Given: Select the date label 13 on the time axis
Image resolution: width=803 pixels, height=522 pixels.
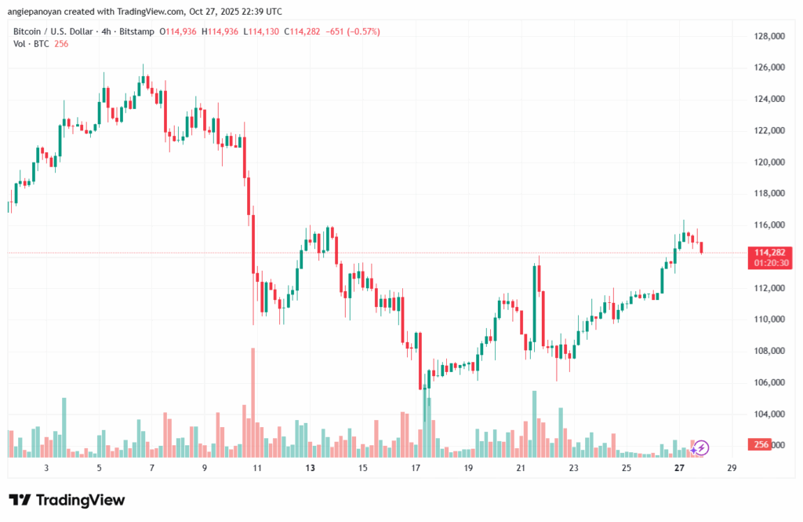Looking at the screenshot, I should pos(310,468).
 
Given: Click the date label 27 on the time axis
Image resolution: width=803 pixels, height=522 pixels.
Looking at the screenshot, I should pos(679,468).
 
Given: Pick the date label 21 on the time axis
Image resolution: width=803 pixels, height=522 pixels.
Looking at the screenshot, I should pos(521,468).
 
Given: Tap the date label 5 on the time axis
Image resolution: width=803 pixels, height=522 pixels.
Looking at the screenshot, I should pos(99,468).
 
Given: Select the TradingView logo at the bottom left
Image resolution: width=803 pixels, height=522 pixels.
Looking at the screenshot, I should pos(67,500).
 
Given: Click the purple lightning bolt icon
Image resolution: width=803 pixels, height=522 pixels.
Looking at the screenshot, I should pos(701,447).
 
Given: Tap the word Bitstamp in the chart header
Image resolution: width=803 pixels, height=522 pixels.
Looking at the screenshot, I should pos(136,31).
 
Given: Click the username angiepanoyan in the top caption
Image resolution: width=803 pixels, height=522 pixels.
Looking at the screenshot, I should pos(35,12).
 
